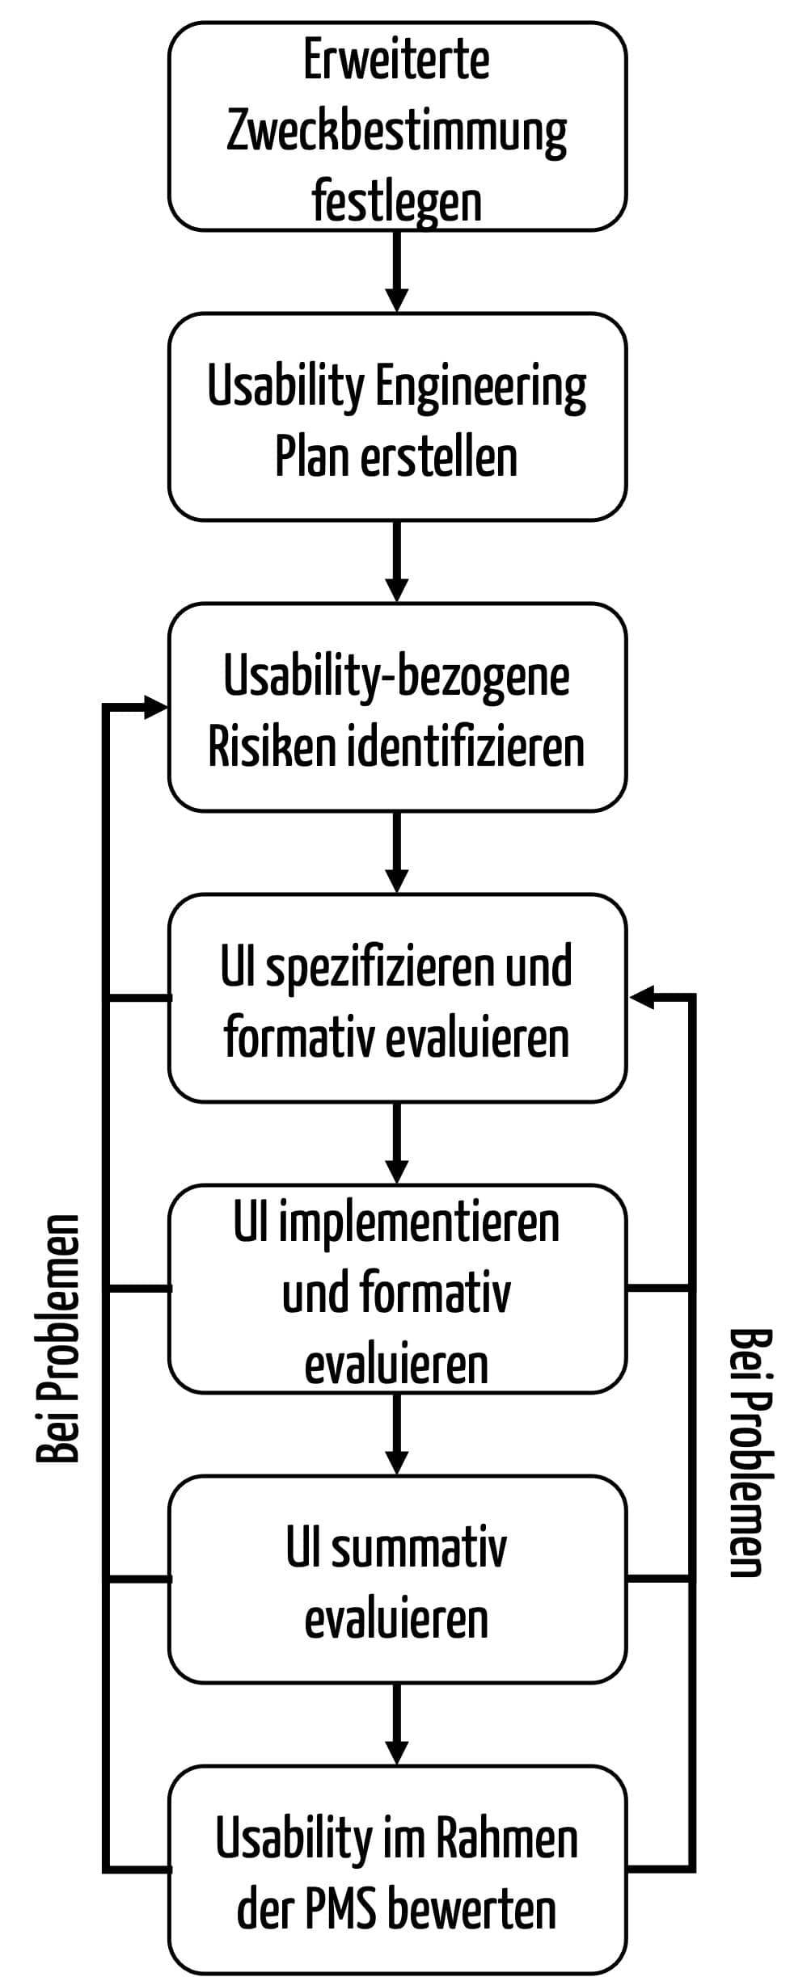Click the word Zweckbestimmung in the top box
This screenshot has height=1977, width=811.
click(396, 132)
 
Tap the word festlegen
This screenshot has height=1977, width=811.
click(396, 202)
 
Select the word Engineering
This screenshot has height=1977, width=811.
click(481, 389)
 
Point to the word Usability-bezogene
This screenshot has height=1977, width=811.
click(396, 675)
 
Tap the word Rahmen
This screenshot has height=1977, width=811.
click(507, 1838)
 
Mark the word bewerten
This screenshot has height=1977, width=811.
click(472, 1910)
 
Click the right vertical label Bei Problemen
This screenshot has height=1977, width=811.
click(751, 1452)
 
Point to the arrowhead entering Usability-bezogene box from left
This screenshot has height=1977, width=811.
click(155, 707)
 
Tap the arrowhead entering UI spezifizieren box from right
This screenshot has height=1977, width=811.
click(641, 998)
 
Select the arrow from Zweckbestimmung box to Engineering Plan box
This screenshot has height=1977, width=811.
click(396, 271)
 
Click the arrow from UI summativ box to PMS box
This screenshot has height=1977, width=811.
click(396, 1724)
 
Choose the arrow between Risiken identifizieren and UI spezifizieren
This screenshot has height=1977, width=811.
click(396, 852)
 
